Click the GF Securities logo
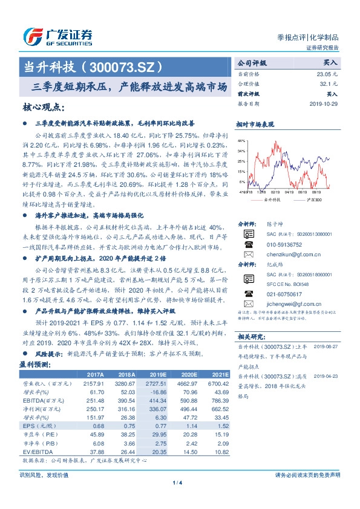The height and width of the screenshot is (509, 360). pos(57,36)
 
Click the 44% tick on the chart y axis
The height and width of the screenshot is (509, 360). pos(241,140)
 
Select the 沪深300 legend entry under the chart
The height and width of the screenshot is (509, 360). pos(313,199)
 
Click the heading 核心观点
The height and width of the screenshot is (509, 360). pos(42,107)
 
